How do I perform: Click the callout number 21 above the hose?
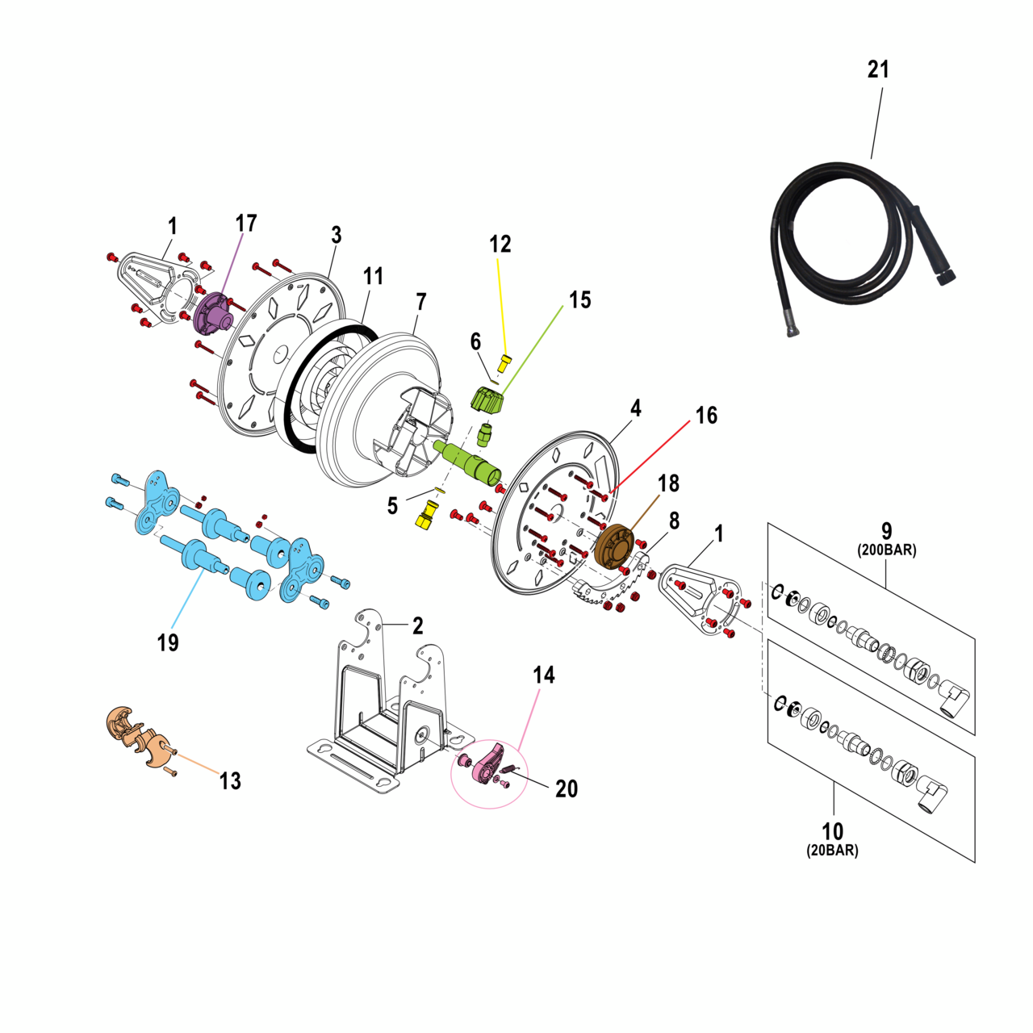tap(878, 69)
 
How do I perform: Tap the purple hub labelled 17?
tap(211, 313)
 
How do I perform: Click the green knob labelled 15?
tap(486, 399)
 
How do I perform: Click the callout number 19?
tap(167, 642)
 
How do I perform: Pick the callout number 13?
tap(230, 780)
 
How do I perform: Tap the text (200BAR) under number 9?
tap(886, 550)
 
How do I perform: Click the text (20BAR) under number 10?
tap(832, 851)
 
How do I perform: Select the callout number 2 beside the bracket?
tap(417, 625)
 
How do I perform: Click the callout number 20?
tap(567, 788)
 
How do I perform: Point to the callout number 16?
tap(706, 416)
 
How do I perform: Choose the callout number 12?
tap(500, 244)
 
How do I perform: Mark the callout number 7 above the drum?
tap(421, 302)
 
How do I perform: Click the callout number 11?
tap(373, 276)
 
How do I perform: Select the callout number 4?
tap(636, 408)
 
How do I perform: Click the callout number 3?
tap(337, 235)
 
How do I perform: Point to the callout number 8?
tap(674, 521)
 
